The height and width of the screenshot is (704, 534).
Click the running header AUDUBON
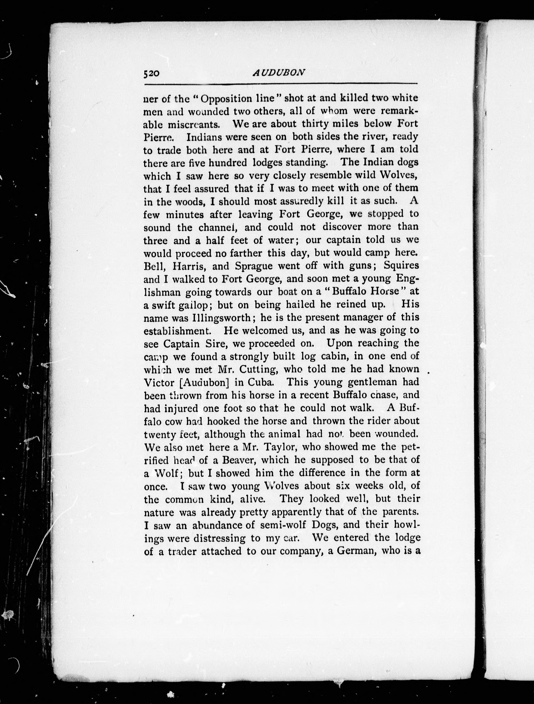click(x=279, y=73)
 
